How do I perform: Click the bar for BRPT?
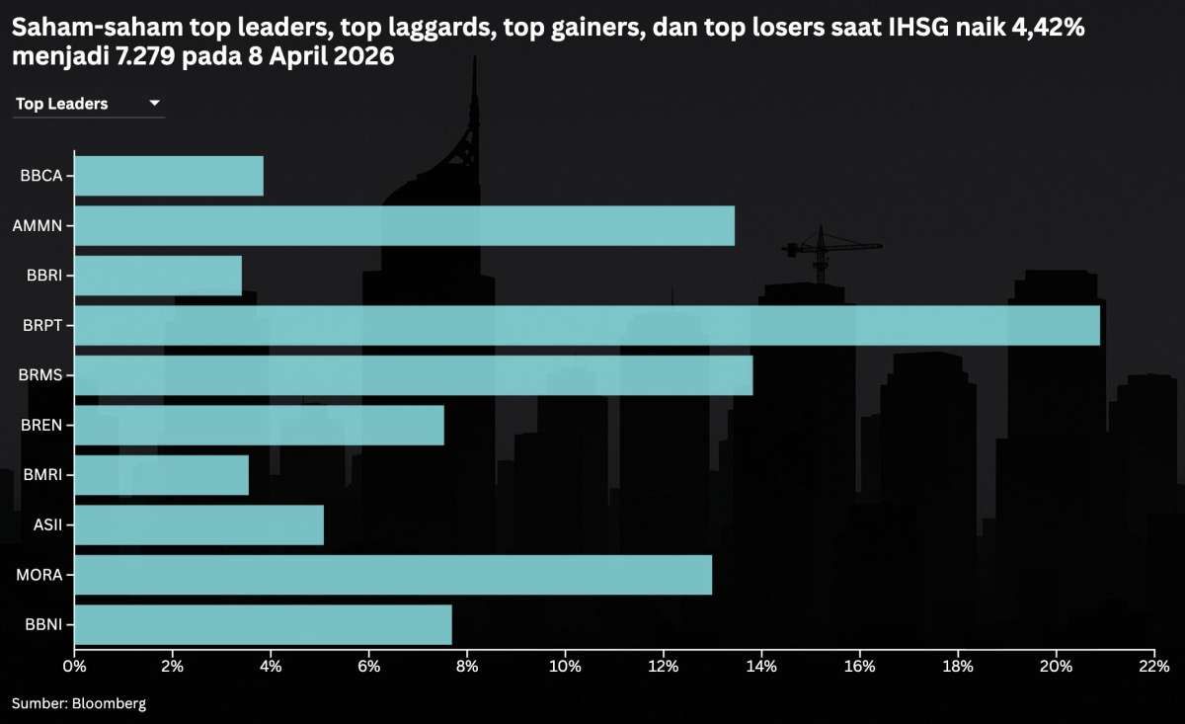click(x=587, y=326)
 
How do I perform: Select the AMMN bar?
click(x=404, y=226)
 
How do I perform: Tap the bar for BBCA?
click(x=169, y=176)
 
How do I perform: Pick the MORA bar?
click(x=393, y=575)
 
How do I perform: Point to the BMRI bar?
click(x=161, y=475)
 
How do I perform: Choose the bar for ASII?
click(x=198, y=524)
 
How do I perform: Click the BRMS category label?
click(x=40, y=375)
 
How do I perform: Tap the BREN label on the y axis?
click(x=41, y=426)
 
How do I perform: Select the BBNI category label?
click(x=41, y=625)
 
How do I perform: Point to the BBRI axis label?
click(x=44, y=276)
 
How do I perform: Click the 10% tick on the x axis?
click(x=565, y=667)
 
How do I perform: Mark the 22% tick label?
click(x=1154, y=667)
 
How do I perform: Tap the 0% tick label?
click(x=74, y=667)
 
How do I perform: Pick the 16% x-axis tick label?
click(x=860, y=667)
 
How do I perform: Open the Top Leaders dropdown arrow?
click(x=154, y=103)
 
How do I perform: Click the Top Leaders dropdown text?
click(x=62, y=104)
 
